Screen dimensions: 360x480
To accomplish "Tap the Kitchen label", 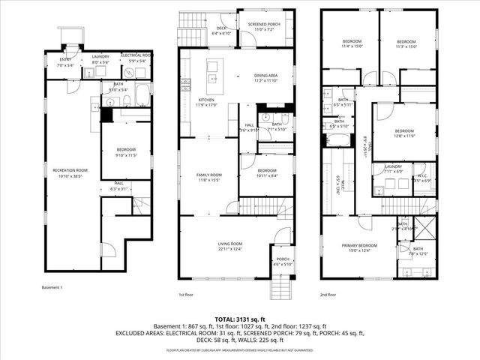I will point(207,102).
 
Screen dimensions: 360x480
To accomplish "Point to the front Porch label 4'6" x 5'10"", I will point(283,262).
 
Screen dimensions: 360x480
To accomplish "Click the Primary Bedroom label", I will point(359,248).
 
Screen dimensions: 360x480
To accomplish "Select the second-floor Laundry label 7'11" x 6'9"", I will point(393,169).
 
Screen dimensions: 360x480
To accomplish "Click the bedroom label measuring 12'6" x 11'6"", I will point(403,133).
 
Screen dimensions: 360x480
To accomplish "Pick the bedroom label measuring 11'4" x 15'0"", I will point(352,43).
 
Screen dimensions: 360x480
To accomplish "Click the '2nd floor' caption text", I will point(328,295).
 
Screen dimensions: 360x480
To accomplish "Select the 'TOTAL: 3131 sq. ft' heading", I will point(240,318).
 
